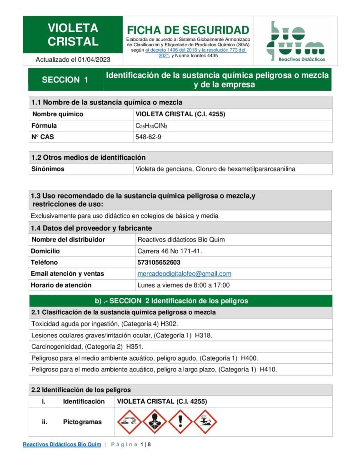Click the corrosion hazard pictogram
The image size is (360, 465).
click(x=129, y=422)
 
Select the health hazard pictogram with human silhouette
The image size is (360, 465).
click(x=155, y=422)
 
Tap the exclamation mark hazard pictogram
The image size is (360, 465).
click(x=180, y=422)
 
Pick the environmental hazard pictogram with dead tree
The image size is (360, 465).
click(x=205, y=422)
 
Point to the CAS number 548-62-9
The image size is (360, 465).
click(x=145, y=137)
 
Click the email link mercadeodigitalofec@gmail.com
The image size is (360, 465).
click(x=184, y=274)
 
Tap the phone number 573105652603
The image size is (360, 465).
click(x=159, y=262)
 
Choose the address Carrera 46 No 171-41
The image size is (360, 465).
click(x=170, y=251)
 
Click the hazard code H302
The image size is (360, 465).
click(x=170, y=324)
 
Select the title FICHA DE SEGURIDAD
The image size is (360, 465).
click(x=188, y=30)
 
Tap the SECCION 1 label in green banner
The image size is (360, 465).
click(x=65, y=79)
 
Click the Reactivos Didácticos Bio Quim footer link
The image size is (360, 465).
click(x=62, y=444)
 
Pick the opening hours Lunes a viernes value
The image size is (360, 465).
click(x=184, y=285)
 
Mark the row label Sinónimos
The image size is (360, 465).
click(x=48, y=169)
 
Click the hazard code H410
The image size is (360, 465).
click(x=268, y=370)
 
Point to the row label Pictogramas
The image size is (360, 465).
click(x=82, y=422)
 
